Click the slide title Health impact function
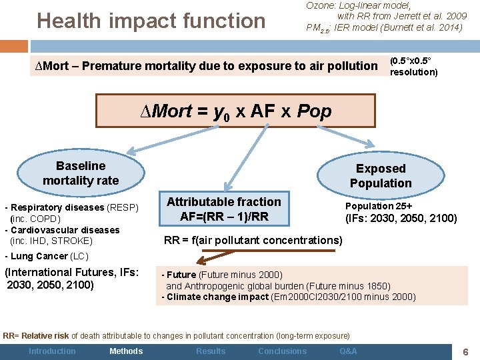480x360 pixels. pyautogui.click(x=151, y=21)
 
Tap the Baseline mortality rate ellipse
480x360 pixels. pyautogui.click(x=80, y=173)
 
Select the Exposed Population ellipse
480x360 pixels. pyautogui.click(x=380, y=176)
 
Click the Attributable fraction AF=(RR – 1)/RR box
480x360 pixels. pyautogui.click(x=223, y=209)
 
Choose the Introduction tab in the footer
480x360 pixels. pyautogui.click(x=52, y=351)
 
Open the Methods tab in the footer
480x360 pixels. pyautogui.click(x=125, y=351)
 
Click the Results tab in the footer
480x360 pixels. pyautogui.click(x=211, y=351)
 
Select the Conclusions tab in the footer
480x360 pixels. pyautogui.click(x=282, y=351)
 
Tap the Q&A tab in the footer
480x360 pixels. pyautogui.click(x=348, y=351)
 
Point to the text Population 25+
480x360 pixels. pyautogui.click(x=378, y=206)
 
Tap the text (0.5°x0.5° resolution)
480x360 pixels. pyautogui.click(x=413, y=66)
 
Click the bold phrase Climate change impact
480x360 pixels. pyautogui.click(x=217, y=297)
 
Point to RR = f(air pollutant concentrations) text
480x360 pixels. pyautogui.click(x=253, y=240)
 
